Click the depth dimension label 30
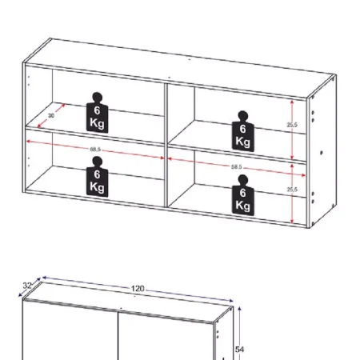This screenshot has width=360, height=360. [51, 115]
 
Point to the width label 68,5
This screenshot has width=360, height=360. [94, 149]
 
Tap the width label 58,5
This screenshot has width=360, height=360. [236, 166]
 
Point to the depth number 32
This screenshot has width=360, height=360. [26, 285]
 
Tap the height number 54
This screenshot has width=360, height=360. [239, 349]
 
